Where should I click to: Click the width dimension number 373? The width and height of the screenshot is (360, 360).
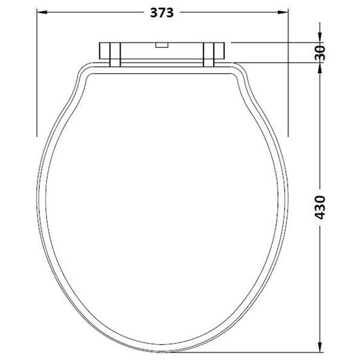click(162, 13)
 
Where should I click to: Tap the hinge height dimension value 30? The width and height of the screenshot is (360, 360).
click(320, 53)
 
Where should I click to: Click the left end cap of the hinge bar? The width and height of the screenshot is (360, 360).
click(103, 51)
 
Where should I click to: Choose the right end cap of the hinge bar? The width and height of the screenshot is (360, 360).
click(220, 51)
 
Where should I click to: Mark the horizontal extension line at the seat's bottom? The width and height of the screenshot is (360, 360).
click(252, 352)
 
